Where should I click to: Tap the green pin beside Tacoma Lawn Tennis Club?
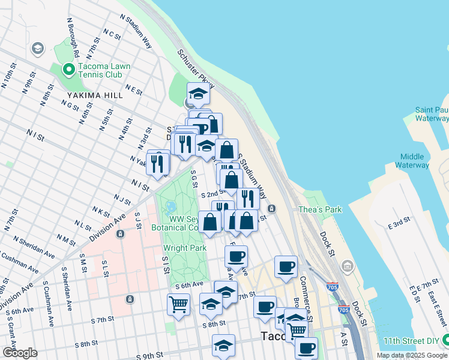point(69,70)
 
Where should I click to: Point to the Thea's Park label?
point(320,209)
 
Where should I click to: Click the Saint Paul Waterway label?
point(432,114)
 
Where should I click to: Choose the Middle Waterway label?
point(412,160)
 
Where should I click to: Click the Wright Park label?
point(185,248)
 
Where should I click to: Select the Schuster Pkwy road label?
point(195,67)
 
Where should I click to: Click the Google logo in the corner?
point(19,353)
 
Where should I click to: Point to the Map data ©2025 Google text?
point(411,355)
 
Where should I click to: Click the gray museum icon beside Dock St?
point(347,265)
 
